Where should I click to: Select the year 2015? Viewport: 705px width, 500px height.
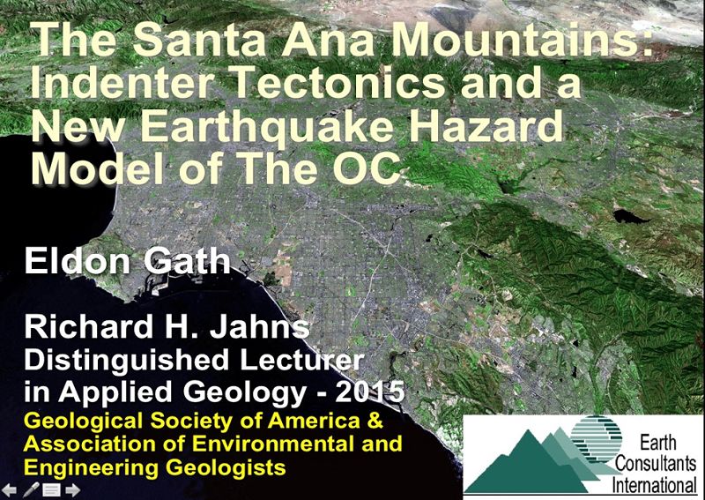click(x=370, y=392)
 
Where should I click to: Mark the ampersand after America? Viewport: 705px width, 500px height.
click(x=375, y=421)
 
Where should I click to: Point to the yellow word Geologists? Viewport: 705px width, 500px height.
click(x=226, y=467)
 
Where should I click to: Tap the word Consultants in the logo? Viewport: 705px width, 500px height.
click(x=656, y=464)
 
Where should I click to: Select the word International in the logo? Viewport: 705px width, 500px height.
click(x=654, y=485)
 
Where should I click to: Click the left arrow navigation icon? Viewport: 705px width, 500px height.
click(x=10, y=489)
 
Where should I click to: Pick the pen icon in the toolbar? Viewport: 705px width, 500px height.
click(x=31, y=489)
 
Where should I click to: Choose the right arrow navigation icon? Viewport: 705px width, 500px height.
click(x=72, y=489)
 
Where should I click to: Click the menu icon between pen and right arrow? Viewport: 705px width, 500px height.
click(x=52, y=489)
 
